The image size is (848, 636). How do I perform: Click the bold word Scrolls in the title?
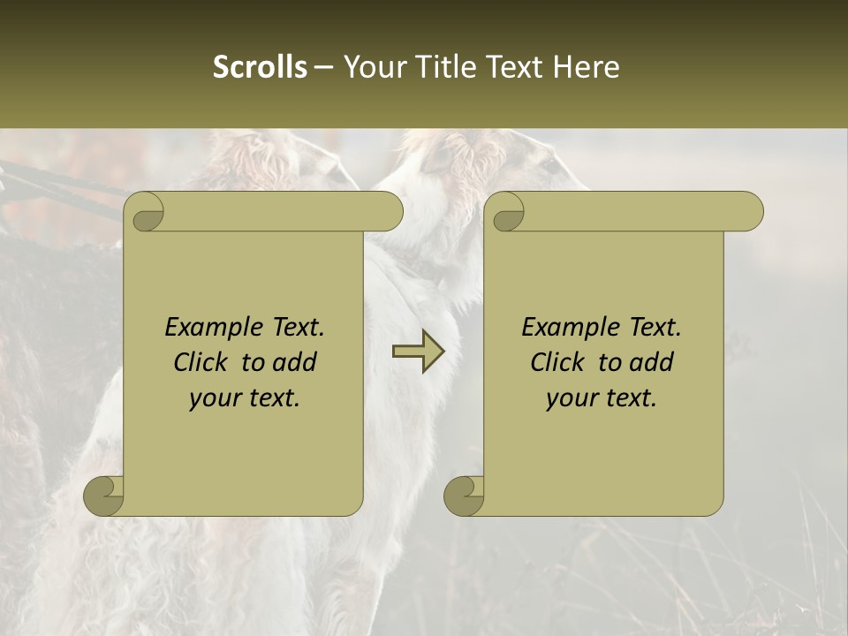point(260,67)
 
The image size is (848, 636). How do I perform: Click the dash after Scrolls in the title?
point(323,67)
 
